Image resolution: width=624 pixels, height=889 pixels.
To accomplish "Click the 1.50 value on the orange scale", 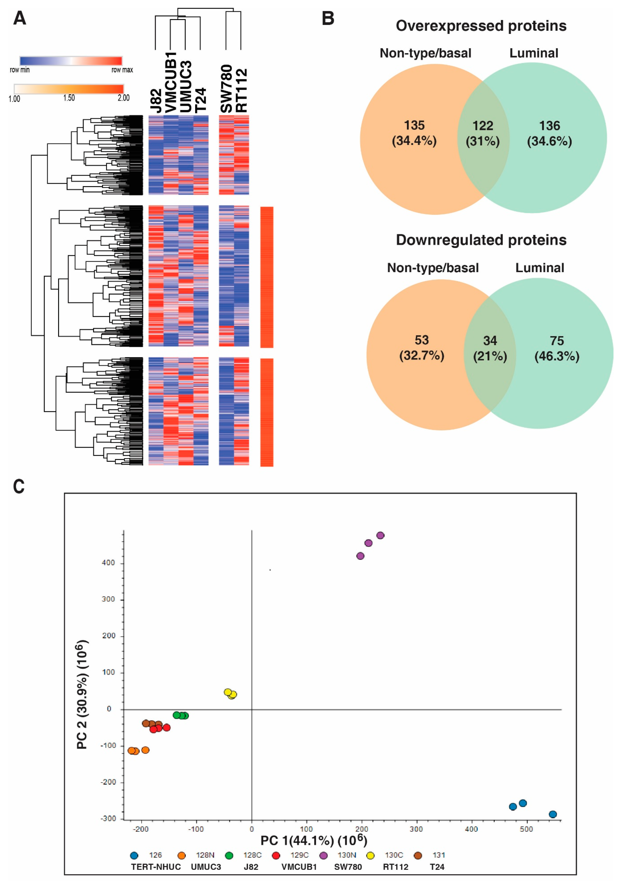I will pos(69,98).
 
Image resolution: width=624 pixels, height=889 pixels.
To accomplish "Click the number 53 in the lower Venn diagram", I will pos(421,340).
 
